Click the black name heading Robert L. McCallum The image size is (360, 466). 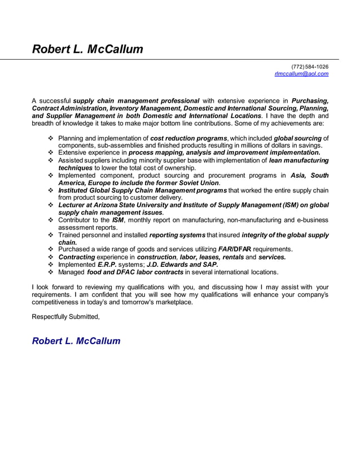point(87,49)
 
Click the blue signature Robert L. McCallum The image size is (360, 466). point(76,341)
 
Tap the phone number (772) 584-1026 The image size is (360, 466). point(310,67)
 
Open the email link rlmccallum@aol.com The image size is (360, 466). point(301,74)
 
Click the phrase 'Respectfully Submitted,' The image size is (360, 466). point(65,316)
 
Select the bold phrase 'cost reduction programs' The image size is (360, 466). point(188,138)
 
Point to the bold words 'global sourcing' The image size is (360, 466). point(297,138)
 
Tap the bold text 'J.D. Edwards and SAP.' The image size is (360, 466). point(182,264)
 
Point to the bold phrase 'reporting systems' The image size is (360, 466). point(177,235)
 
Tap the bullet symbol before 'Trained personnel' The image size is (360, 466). point(52,235)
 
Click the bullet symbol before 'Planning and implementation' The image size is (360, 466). point(52,138)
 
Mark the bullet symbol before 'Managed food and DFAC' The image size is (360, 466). point(52,272)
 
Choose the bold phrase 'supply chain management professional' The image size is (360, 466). point(137,101)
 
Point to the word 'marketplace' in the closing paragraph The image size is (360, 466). point(170,302)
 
